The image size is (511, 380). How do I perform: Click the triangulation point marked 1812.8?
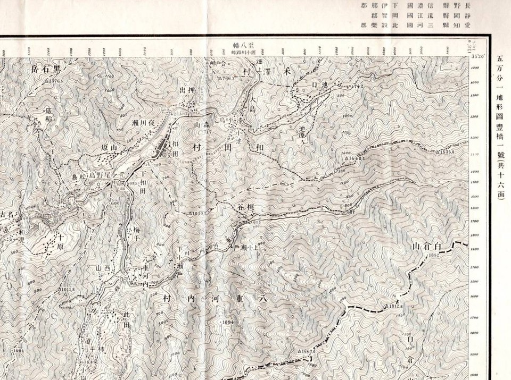point(386,307)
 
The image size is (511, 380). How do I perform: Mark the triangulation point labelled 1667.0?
point(300,352)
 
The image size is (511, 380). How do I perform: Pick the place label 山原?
point(108,145)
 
